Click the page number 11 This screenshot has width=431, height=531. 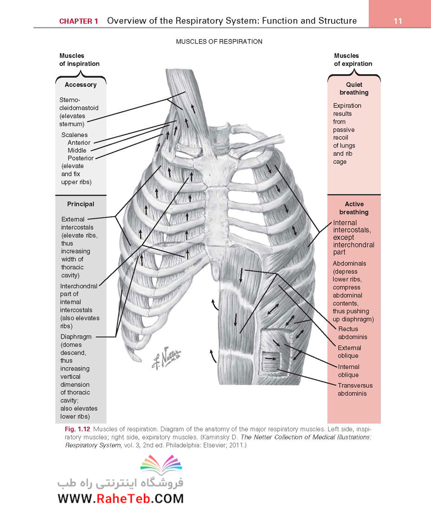tap(398, 21)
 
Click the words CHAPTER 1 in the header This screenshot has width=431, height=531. tap(78, 21)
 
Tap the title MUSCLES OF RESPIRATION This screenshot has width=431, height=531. tap(219, 41)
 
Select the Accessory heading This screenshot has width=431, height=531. tap(81, 85)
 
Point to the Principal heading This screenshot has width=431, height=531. tap(81, 204)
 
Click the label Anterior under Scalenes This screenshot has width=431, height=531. tap(79, 142)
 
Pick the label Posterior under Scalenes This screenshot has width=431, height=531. tap(80, 158)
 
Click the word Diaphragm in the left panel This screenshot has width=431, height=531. tap(76, 337)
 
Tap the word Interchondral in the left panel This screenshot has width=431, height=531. tap(78, 286)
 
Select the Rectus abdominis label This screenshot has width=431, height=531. tap(353, 333)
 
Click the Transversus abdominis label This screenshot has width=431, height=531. tap(355, 390)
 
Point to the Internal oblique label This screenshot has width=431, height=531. tap(348, 371)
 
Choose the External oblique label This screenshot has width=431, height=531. tap(349, 352)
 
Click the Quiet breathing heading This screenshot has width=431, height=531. tap(354, 89)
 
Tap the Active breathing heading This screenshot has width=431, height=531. tap(354, 208)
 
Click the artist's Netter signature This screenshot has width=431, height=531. tap(167, 358)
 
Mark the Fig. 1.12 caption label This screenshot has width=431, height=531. tap(77, 429)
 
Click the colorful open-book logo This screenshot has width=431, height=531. tap(161, 465)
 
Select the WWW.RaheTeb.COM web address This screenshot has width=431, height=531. tap(121, 499)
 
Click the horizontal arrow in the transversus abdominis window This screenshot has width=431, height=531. tap(270, 358)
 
